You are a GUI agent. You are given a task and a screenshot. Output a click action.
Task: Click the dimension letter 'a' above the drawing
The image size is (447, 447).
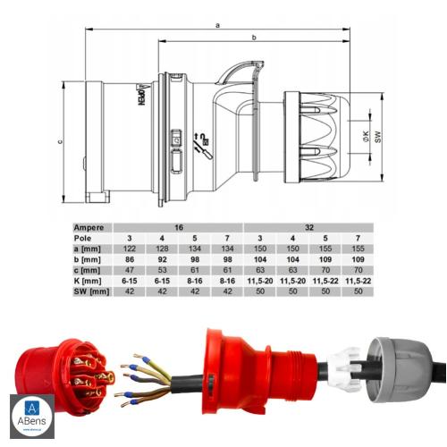click(x=217, y=26)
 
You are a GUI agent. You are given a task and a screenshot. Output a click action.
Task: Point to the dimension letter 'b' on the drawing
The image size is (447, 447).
click(x=254, y=38)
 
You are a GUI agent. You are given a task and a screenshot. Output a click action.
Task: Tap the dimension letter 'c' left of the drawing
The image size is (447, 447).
click(x=58, y=139)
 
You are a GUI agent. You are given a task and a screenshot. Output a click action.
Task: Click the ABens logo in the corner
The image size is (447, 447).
click(x=31, y=415)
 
